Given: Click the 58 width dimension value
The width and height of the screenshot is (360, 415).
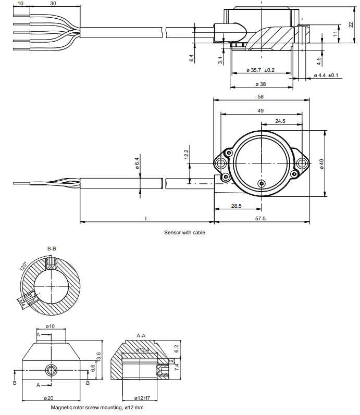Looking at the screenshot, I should pyautogui.click(x=260, y=97).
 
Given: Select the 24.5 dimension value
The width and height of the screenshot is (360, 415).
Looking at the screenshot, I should pyautogui.click(x=280, y=121).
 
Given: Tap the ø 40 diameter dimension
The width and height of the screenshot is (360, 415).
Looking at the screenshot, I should pyautogui.click(x=321, y=164).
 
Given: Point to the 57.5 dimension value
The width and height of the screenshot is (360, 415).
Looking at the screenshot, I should pyautogui.click(x=260, y=219).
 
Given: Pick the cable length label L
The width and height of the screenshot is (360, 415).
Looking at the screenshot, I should pyautogui.click(x=146, y=219).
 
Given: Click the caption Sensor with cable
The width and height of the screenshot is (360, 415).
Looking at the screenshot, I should pyautogui.click(x=185, y=233).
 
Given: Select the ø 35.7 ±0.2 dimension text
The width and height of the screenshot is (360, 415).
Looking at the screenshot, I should pyautogui.click(x=260, y=70).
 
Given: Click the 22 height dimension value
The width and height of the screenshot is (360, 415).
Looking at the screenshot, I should pyautogui.click(x=351, y=25).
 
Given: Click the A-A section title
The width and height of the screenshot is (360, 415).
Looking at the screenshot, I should pyautogui.click(x=141, y=335).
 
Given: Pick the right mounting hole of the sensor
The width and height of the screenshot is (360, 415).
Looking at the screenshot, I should pyautogui.click(x=301, y=164).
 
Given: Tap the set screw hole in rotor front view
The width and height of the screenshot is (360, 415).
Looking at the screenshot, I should pyautogui.click(x=51, y=370).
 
